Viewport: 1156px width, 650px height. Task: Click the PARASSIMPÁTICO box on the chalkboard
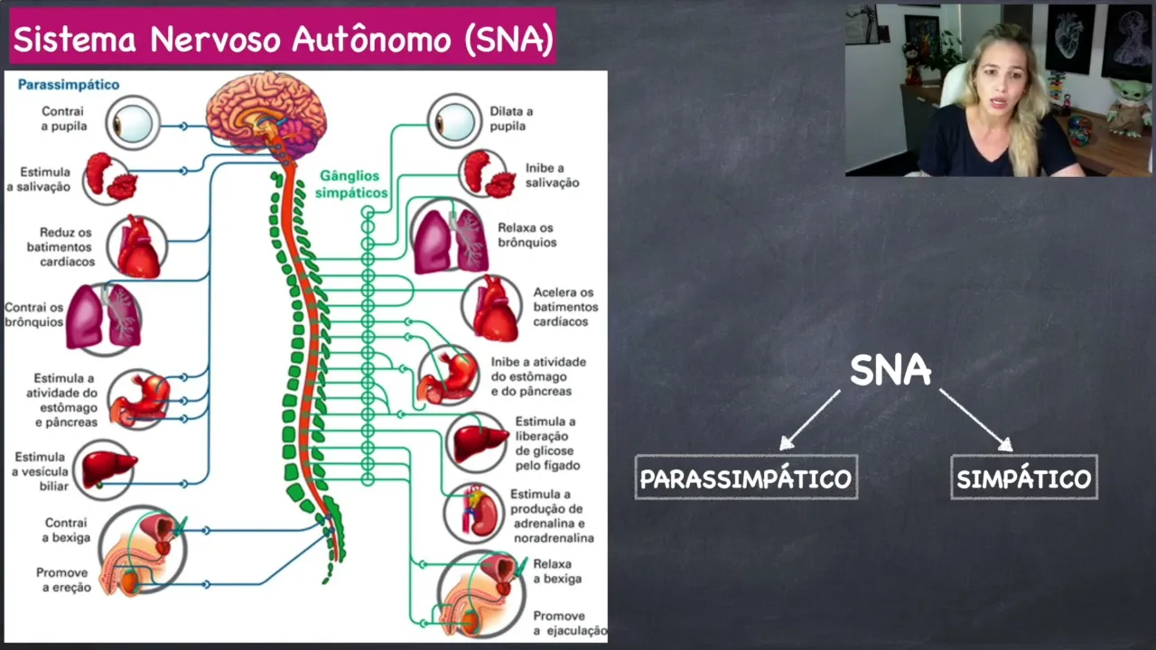(746, 478)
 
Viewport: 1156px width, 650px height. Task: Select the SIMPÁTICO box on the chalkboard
(1024, 478)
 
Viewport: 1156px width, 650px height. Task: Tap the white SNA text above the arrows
(890, 370)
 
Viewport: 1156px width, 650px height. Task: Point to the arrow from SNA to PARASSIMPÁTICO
(810, 419)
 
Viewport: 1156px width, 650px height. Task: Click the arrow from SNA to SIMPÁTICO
(975, 419)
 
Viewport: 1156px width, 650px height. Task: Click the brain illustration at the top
(266, 113)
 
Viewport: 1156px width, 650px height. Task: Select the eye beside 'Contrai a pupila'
(133, 122)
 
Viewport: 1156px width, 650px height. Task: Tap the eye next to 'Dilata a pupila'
(453, 121)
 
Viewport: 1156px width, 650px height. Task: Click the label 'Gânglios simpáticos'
(350, 184)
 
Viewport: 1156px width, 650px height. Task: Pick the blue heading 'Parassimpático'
(69, 85)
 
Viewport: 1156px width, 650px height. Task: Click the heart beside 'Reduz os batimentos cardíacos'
(137, 246)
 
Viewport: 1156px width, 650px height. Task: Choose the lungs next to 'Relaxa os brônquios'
(450, 239)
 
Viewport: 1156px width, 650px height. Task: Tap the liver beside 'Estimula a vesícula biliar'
(107, 469)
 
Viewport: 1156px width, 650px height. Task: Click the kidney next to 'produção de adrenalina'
(476, 512)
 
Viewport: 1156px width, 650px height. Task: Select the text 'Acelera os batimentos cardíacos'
(564, 307)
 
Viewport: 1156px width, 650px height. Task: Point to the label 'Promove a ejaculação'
(569, 623)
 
